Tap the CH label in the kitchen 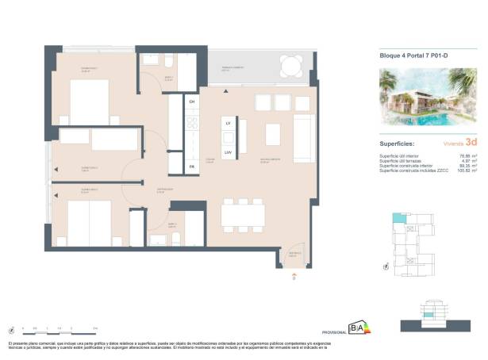191,101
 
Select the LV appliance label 228,124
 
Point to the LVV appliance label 228,151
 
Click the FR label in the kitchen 191,167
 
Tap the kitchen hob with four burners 191,123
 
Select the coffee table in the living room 272,132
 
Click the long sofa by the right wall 303,136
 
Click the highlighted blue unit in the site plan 398,220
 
